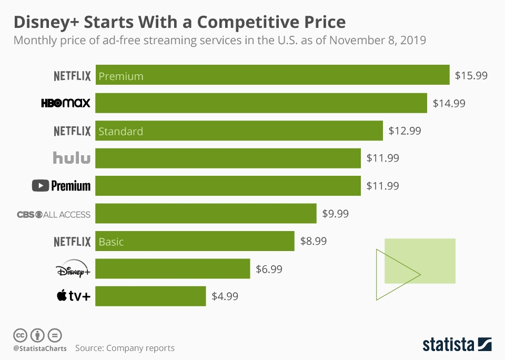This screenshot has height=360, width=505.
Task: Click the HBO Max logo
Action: [x=66, y=103]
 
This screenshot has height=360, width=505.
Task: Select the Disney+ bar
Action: [x=173, y=269]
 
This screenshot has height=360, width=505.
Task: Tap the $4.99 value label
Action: [x=225, y=296]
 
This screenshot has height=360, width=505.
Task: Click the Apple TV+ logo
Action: [x=73, y=296]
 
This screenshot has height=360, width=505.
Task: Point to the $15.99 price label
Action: [x=471, y=75]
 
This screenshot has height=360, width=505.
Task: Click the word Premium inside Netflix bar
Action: [x=121, y=76]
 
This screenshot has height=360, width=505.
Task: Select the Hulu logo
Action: [x=72, y=157]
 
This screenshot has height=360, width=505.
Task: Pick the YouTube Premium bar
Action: [x=228, y=186]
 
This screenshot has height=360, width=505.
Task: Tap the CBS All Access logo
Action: [x=54, y=214]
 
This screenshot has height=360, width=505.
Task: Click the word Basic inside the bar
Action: [x=111, y=242]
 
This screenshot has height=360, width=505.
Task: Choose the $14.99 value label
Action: [x=449, y=103]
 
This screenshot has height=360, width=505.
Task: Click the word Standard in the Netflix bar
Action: [x=120, y=132]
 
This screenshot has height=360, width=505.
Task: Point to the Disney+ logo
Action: [x=73, y=269]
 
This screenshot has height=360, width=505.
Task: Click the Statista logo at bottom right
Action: [x=457, y=344]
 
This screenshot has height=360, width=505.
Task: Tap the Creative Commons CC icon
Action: [x=21, y=335]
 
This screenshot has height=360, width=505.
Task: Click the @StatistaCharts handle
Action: [x=40, y=348]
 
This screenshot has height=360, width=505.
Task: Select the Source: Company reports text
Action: [x=125, y=348]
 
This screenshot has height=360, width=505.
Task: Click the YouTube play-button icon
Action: [x=40, y=186]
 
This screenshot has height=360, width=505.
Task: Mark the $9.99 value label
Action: [x=335, y=214]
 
